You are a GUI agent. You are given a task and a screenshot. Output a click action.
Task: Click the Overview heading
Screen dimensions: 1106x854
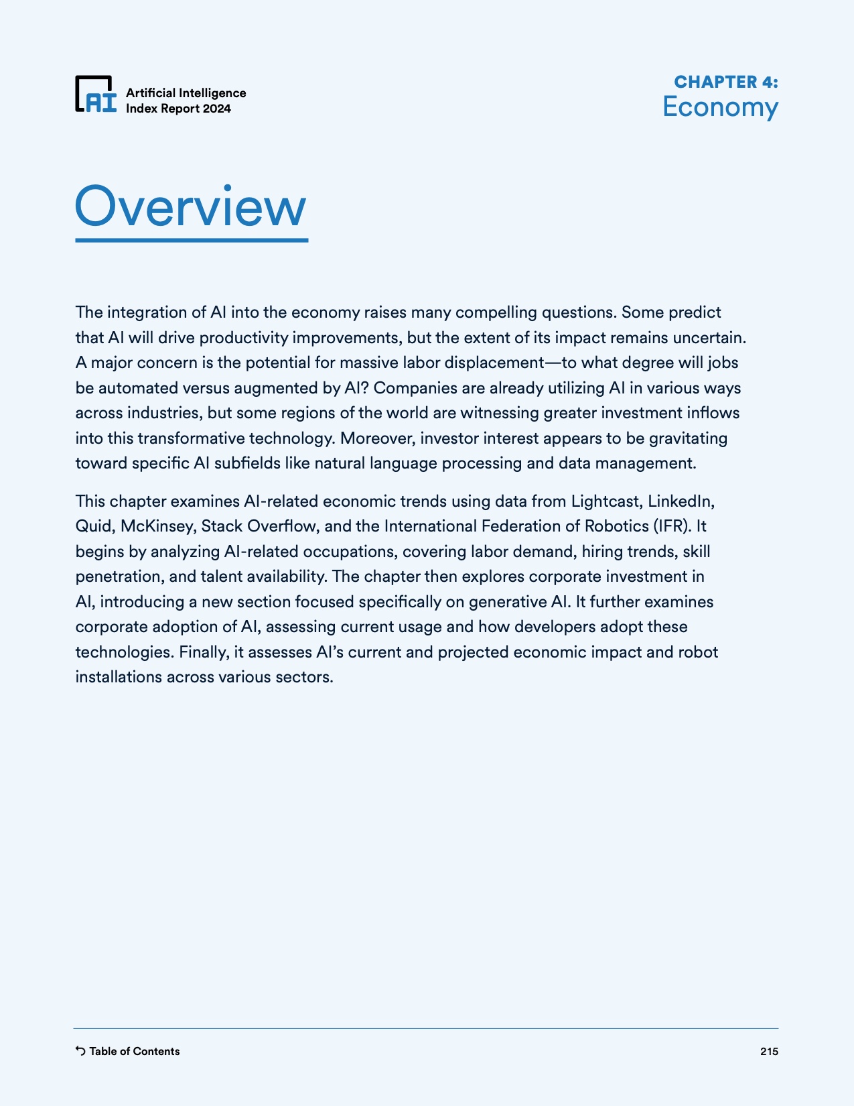click(x=191, y=207)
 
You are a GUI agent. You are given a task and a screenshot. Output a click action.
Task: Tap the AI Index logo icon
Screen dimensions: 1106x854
click(x=95, y=94)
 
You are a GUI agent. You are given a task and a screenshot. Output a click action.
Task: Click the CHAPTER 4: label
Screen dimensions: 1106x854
click(x=725, y=82)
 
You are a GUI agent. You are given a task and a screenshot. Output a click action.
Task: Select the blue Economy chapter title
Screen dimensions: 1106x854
click(x=720, y=107)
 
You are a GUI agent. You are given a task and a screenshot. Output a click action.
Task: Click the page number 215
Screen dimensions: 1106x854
click(x=769, y=1051)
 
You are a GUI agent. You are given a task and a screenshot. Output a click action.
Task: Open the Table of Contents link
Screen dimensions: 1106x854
click(x=134, y=1051)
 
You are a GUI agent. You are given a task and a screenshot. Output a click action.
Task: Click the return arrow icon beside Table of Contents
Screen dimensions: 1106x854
click(x=80, y=1050)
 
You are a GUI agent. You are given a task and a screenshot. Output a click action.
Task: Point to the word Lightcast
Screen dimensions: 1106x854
click(x=606, y=501)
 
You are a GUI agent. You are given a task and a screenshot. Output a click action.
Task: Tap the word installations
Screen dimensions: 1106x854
click(x=119, y=677)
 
